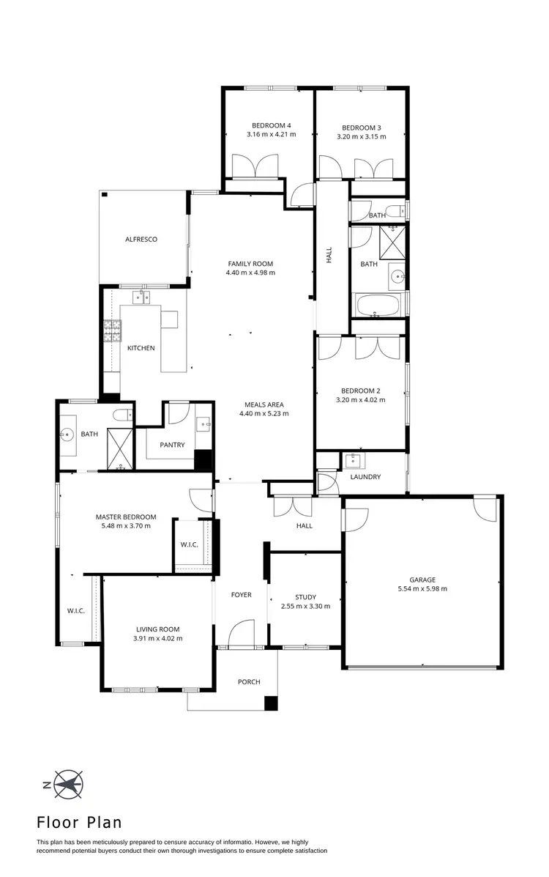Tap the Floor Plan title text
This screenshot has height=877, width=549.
click(x=79, y=823)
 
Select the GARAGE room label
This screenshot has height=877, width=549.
click(x=422, y=580)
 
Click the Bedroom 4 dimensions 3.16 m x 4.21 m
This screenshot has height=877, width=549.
click(x=271, y=135)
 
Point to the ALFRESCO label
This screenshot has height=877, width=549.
click(x=141, y=240)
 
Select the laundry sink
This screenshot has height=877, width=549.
click(x=354, y=462)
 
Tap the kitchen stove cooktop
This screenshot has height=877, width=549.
click(x=112, y=332)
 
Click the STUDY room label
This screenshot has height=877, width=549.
click(x=305, y=597)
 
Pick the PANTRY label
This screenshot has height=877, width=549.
click(x=172, y=445)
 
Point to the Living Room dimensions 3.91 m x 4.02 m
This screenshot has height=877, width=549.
click(x=157, y=638)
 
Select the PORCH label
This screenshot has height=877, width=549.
click(x=249, y=682)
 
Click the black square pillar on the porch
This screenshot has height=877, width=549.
click(x=271, y=703)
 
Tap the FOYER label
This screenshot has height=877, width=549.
click(x=241, y=595)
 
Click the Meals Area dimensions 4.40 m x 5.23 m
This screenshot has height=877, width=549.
click(x=264, y=413)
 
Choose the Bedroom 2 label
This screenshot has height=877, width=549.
click(x=360, y=391)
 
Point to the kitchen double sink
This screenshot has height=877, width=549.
click(x=141, y=297)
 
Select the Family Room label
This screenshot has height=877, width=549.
click(x=250, y=264)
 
